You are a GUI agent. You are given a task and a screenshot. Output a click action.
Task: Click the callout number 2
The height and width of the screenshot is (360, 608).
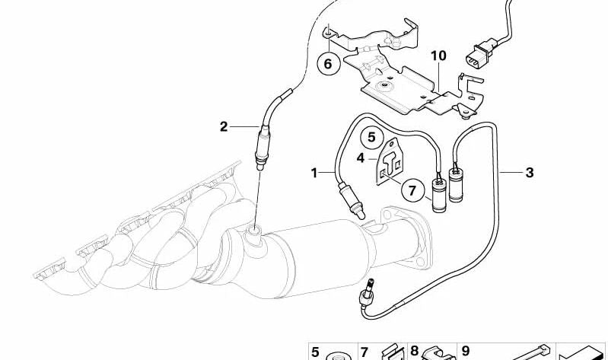(224, 127)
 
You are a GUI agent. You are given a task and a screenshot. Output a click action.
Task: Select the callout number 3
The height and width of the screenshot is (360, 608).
(530, 172)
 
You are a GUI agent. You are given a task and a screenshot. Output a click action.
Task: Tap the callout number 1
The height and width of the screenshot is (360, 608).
(314, 173)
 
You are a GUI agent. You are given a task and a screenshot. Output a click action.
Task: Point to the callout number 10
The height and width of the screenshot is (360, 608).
(438, 56)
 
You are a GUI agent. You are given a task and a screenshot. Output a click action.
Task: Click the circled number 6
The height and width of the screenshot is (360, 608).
(328, 63)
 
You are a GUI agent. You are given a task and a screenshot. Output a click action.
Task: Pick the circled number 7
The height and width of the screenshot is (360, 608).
(412, 190)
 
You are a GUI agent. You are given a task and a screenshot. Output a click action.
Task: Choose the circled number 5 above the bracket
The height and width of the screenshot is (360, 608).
(372, 137)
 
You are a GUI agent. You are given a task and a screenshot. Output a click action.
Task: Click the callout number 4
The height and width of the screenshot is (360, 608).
(361, 158)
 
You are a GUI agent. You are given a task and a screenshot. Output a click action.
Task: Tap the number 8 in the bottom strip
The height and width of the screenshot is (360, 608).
(415, 351)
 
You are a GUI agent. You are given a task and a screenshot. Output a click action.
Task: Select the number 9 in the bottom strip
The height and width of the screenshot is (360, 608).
(465, 351)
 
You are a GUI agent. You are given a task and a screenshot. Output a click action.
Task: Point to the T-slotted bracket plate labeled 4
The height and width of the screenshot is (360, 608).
(390, 161)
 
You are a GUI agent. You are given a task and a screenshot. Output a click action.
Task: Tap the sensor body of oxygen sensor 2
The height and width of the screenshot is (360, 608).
(262, 148)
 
